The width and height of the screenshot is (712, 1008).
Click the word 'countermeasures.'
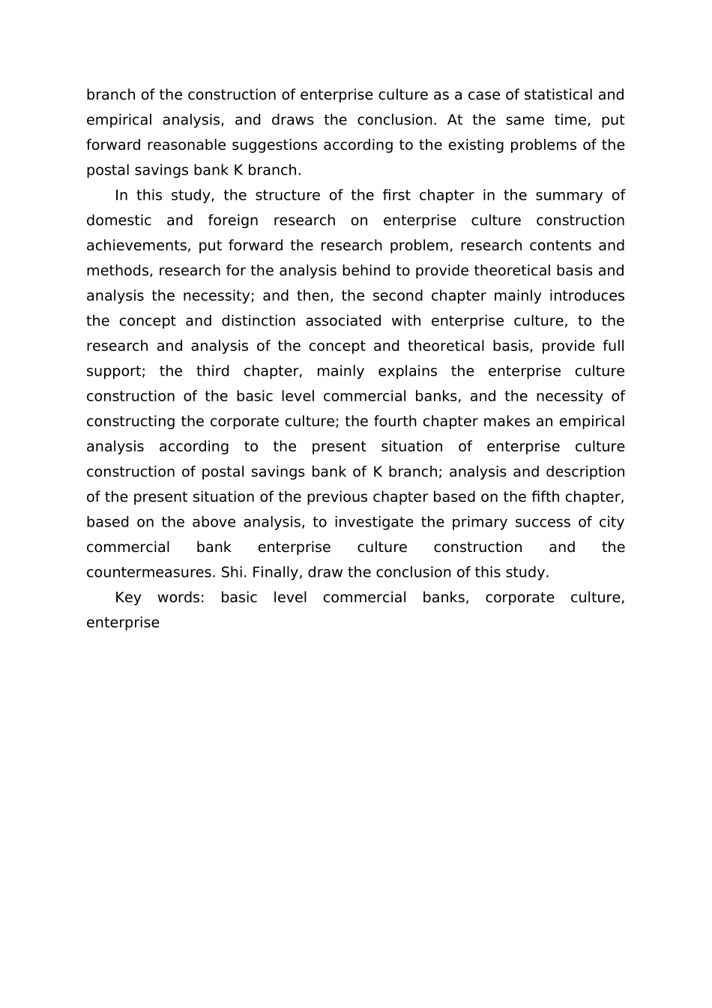pos(151,572)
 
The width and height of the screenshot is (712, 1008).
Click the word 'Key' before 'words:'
pos(128,598)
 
